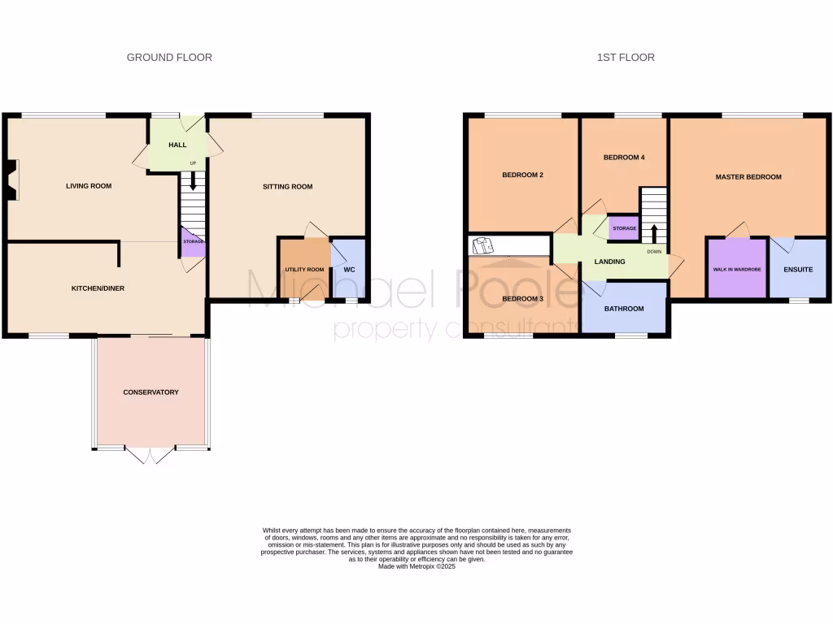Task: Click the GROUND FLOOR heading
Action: pyautogui.click(x=169, y=58)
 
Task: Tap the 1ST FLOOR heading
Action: pyautogui.click(x=626, y=58)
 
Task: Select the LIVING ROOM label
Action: pyautogui.click(x=89, y=186)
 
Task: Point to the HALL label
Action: pyautogui.click(x=177, y=145)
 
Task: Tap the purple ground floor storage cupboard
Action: pyautogui.click(x=192, y=242)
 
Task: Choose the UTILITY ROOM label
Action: pyautogui.click(x=304, y=270)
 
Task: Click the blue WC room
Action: pyautogui.click(x=349, y=269)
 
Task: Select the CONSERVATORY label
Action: pyautogui.click(x=150, y=392)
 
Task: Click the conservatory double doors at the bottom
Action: pyautogui.click(x=150, y=455)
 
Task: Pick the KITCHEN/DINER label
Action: pyautogui.click(x=98, y=288)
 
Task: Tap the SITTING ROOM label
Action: pyautogui.click(x=287, y=187)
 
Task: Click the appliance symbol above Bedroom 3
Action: pyautogui.click(x=483, y=245)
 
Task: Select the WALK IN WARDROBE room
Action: pyautogui.click(x=737, y=269)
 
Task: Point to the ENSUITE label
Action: pyautogui.click(x=797, y=269)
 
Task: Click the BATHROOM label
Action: pyautogui.click(x=624, y=309)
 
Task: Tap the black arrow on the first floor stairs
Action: pyautogui.click(x=654, y=230)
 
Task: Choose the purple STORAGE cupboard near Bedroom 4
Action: pyautogui.click(x=624, y=228)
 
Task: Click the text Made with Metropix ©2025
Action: pyautogui.click(x=416, y=566)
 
